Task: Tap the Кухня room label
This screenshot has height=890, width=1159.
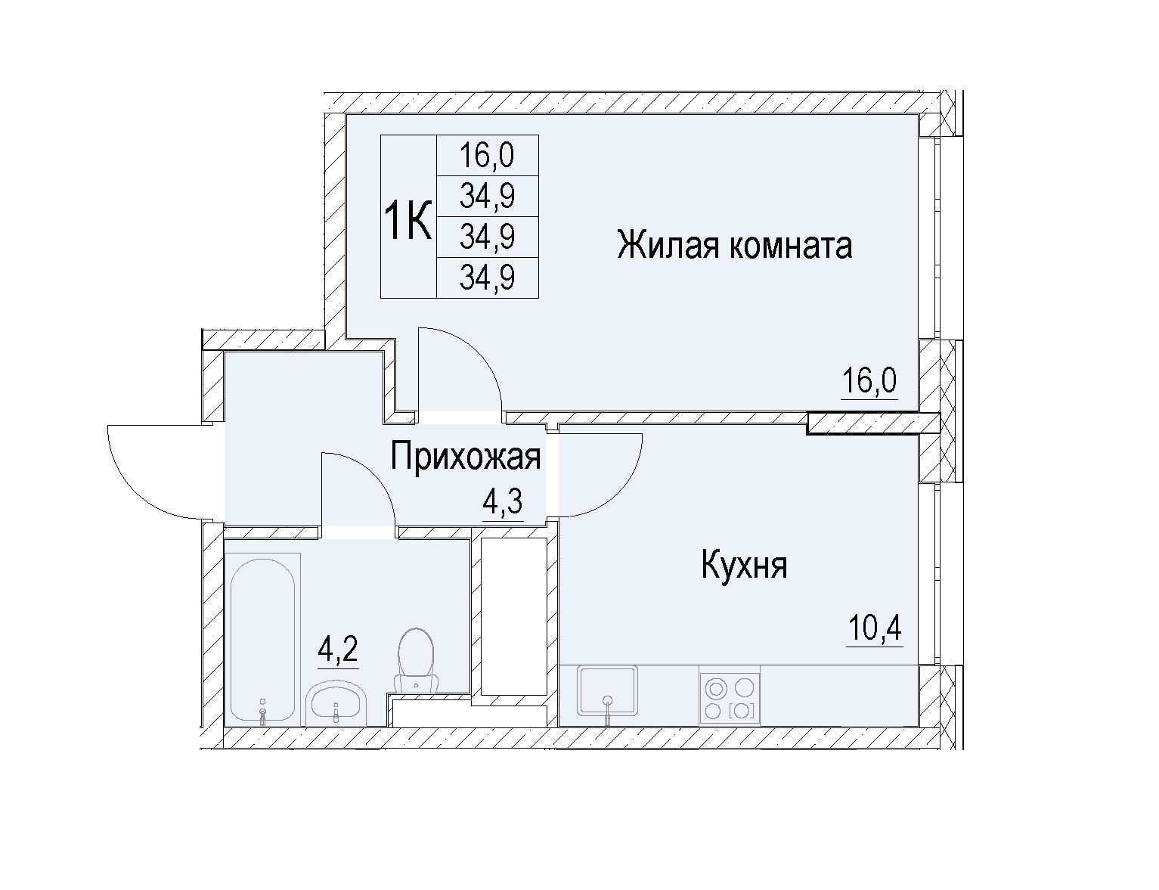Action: tap(744, 566)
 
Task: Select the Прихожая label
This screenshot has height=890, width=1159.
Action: tap(466, 457)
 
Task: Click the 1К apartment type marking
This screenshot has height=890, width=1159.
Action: tap(408, 223)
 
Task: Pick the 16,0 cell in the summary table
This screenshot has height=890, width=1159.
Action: tap(487, 155)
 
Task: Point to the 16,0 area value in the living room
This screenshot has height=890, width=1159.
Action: tap(869, 381)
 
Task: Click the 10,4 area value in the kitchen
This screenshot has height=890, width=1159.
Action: tap(874, 628)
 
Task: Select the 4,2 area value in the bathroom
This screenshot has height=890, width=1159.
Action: tap(338, 649)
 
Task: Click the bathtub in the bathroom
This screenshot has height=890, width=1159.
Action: tap(262, 640)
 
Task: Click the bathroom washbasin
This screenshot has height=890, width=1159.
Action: tap(336, 703)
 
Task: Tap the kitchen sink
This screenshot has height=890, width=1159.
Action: tap(607, 693)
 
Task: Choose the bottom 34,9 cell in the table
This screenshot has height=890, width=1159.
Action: tap(487, 278)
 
